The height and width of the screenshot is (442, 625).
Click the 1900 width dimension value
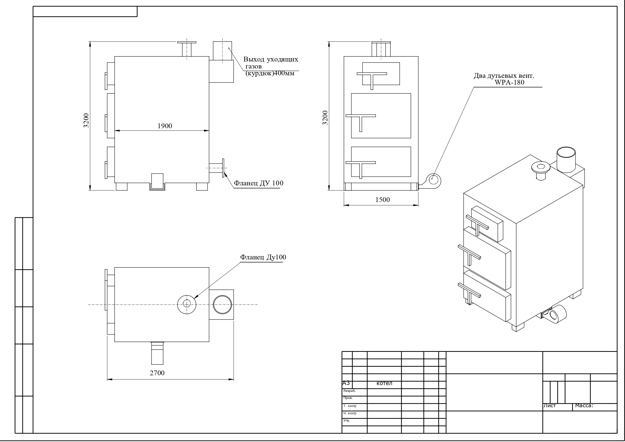[x=165, y=126]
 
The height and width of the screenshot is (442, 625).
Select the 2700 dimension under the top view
[x=157, y=373]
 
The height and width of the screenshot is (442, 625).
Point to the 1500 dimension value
[x=383, y=200]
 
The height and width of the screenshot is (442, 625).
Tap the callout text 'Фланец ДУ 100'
[x=259, y=183]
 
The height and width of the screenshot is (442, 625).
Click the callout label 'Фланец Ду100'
[x=263, y=257]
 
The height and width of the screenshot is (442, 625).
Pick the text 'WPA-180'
[x=509, y=82]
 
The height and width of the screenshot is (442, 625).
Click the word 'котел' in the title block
[x=384, y=383]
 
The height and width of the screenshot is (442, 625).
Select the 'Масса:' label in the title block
[x=584, y=405]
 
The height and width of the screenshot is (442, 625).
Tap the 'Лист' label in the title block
[x=550, y=405]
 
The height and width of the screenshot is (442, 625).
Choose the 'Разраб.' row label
[x=350, y=391]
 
